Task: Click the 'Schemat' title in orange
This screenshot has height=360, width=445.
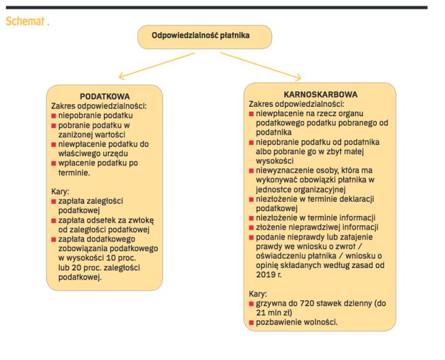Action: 27,21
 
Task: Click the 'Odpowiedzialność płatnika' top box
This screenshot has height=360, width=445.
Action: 205,36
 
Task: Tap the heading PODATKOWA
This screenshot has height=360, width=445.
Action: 104,97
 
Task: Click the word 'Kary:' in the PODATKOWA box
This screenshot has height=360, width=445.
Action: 61,192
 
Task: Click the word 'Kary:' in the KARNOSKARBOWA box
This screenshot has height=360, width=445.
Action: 258,295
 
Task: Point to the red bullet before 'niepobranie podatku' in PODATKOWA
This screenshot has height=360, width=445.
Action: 54,115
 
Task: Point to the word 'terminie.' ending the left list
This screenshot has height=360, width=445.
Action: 74,173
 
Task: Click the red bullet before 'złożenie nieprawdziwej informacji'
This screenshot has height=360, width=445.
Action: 252,227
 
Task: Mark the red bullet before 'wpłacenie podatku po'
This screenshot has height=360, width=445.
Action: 54,163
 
